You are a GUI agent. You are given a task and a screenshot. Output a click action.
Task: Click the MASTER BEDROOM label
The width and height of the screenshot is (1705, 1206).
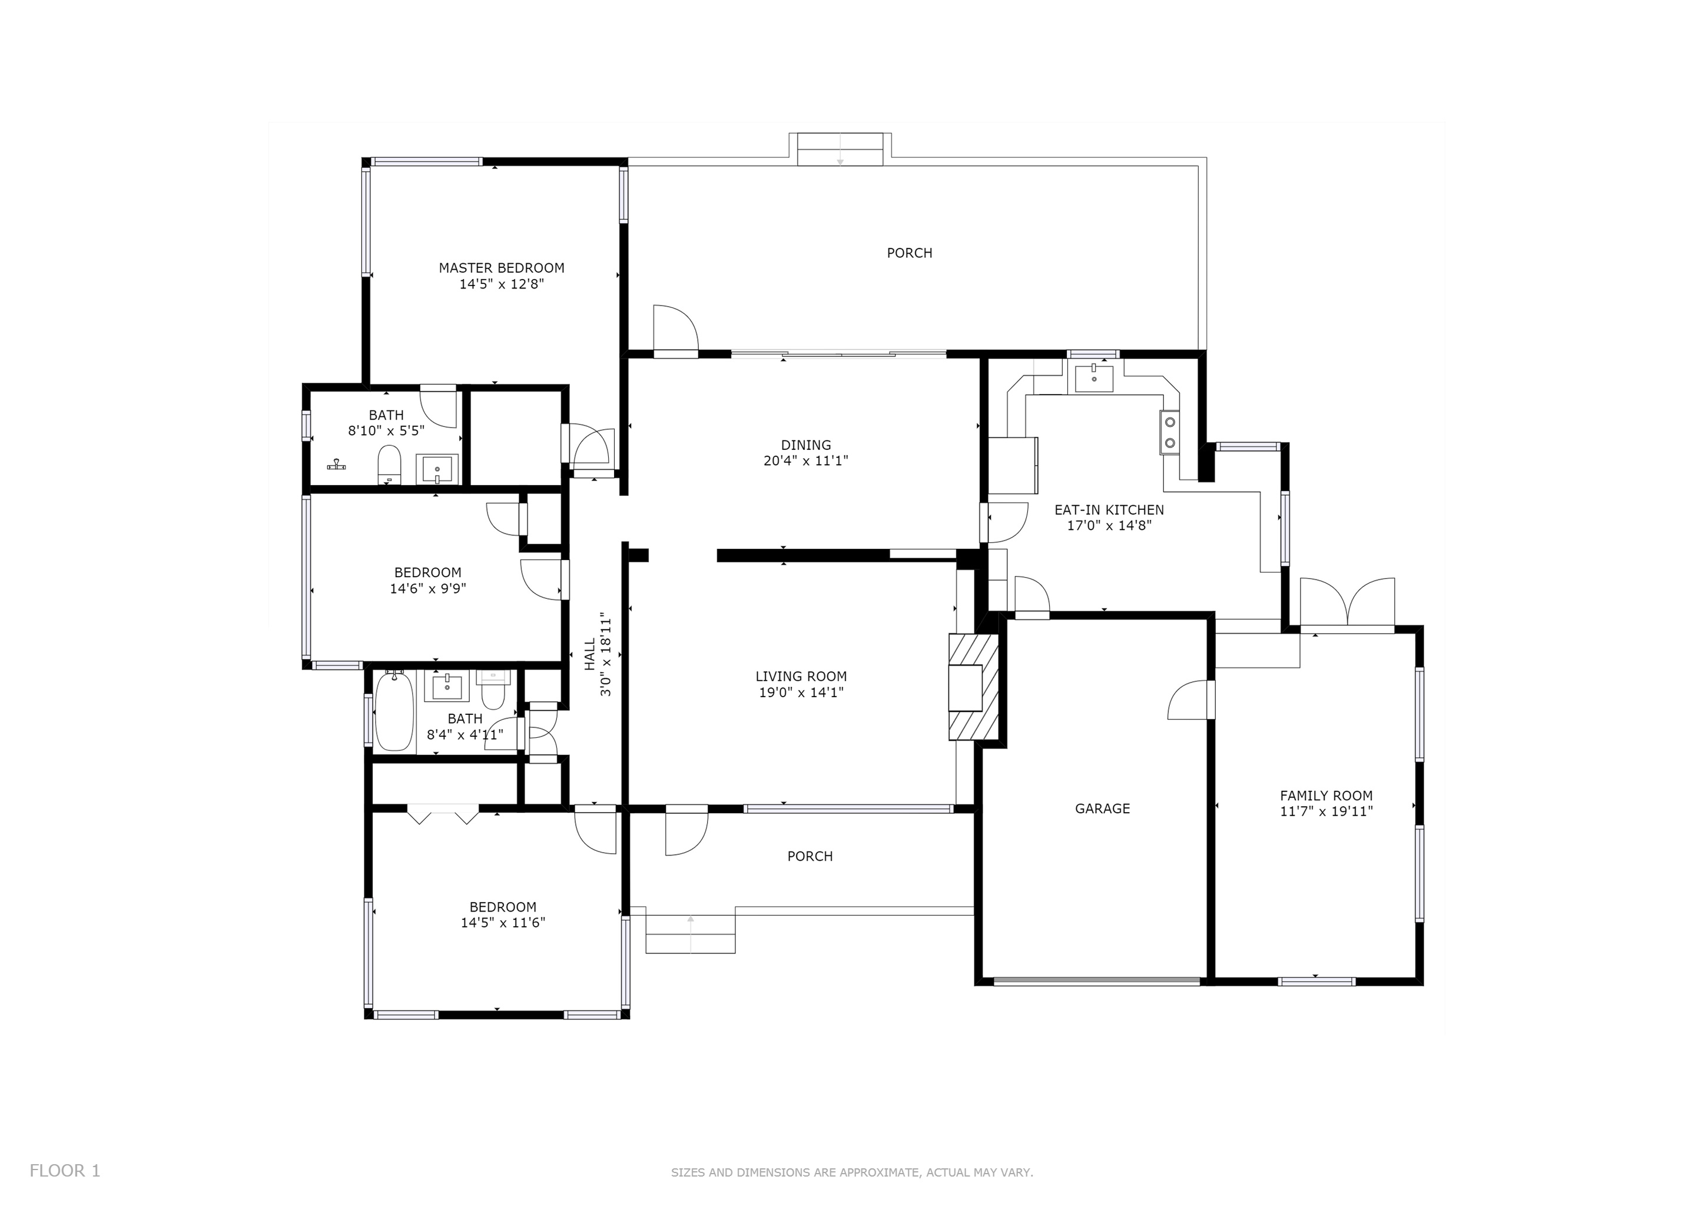[501, 268]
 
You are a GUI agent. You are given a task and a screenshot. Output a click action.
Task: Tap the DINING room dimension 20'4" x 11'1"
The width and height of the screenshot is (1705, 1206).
[806, 461]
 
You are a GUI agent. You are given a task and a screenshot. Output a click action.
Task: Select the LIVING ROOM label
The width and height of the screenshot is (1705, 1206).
[801, 677]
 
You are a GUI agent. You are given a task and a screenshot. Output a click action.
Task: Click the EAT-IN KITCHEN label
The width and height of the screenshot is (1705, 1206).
[1109, 510]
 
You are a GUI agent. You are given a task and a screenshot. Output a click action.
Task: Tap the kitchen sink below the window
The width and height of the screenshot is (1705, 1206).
[1094, 377]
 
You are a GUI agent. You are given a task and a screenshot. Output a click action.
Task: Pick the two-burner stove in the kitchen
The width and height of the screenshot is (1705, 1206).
[1170, 432]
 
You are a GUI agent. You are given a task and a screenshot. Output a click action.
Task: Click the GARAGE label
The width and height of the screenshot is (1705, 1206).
[1102, 809]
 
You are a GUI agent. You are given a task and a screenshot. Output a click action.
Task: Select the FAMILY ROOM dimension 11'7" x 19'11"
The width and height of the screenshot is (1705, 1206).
[1326, 811]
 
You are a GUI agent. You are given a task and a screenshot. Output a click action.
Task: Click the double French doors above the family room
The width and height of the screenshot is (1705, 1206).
[1347, 604]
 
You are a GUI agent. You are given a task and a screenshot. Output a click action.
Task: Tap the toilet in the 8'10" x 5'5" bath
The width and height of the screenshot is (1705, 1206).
[389, 465]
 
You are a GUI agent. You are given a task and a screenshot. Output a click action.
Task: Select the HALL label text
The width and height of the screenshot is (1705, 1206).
[589, 654]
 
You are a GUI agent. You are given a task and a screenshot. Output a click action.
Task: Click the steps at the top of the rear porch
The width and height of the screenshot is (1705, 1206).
[840, 149]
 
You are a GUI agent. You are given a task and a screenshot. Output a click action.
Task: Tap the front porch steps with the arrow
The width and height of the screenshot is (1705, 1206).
[691, 933]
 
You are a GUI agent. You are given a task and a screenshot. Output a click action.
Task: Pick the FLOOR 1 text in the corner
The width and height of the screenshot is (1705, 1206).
[65, 1171]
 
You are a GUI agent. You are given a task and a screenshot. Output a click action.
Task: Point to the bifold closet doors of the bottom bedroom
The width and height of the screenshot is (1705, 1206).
[443, 814]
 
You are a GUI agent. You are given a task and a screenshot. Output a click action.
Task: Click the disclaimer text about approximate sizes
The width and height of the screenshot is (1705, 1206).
[852, 1172]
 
